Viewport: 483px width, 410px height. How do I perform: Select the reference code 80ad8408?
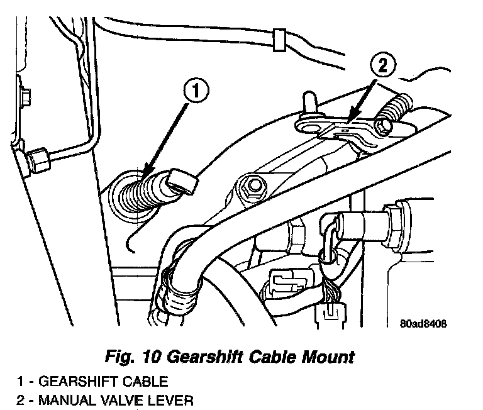click(422, 325)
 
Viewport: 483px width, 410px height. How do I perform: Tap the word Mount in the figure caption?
click(325, 358)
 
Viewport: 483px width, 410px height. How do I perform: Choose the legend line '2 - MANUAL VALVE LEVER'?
click(97, 400)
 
